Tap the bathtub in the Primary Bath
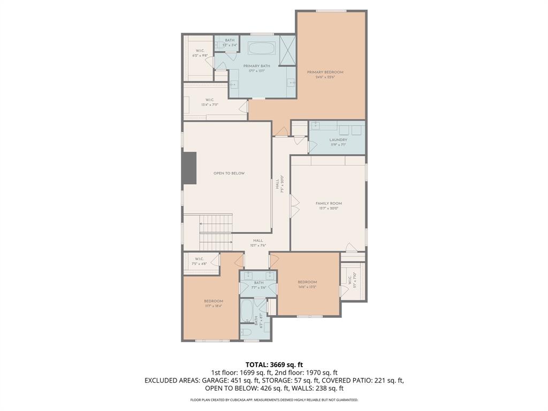click(x=262, y=49)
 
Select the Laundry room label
click(x=338, y=142)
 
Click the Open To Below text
click(x=229, y=173)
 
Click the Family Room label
click(x=329, y=205)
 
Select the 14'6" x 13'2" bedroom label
click(x=307, y=284)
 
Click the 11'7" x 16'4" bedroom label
click(x=213, y=303)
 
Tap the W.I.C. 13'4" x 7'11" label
click(x=210, y=102)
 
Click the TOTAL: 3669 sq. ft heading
click(x=274, y=364)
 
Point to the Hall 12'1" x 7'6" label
click(x=258, y=243)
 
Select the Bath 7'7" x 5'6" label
click(x=259, y=285)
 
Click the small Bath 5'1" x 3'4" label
click(x=230, y=43)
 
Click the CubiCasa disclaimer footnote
click(x=274, y=400)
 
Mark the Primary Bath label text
click(x=257, y=68)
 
